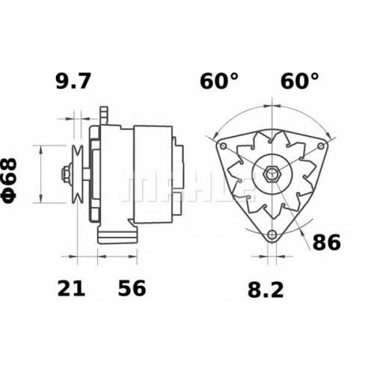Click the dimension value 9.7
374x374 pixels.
pyautogui.click(x=73, y=81)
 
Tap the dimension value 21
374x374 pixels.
pyautogui.click(x=71, y=288)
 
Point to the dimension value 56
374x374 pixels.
pyautogui.click(x=132, y=288)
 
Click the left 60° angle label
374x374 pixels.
pyautogui.click(x=219, y=81)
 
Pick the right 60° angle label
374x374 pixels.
pyautogui.click(x=300, y=81)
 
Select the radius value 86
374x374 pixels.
pyautogui.click(x=326, y=242)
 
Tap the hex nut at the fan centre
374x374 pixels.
pyautogui.click(x=272, y=173)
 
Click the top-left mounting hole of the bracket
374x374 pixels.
pyautogui.click(x=224, y=146)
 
